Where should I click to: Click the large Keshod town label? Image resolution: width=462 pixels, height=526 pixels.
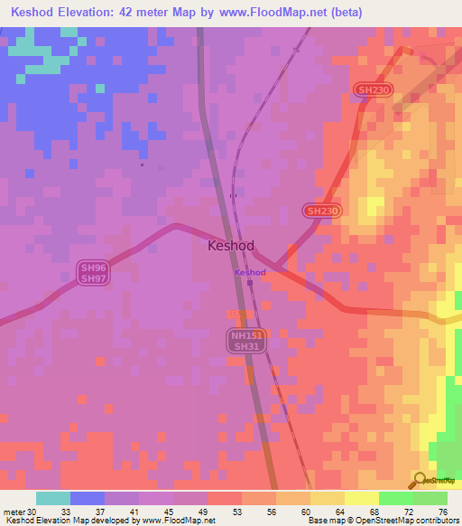(231, 245)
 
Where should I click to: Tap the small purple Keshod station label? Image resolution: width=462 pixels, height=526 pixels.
(250, 272)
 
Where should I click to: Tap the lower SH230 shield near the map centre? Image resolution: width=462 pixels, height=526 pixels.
(322, 211)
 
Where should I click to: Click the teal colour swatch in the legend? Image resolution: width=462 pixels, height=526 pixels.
(52, 498)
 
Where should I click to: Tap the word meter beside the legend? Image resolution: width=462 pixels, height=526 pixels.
(12, 512)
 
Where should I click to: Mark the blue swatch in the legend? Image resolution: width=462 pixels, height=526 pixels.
(87, 498)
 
